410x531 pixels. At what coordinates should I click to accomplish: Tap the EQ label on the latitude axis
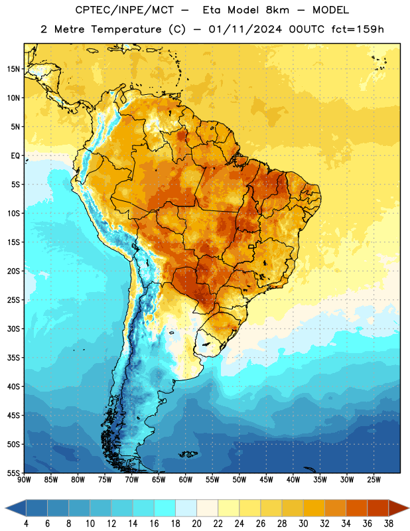click(x=15, y=156)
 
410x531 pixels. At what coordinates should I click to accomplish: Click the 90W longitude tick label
click(x=24, y=480)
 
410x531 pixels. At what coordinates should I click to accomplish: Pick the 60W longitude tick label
click(x=186, y=480)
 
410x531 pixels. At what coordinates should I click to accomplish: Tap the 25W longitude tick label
click(x=374, y=480)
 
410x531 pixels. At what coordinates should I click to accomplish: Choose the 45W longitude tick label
click(x=266, y=480)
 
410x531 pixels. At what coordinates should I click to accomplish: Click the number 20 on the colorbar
click(x=196, y=524)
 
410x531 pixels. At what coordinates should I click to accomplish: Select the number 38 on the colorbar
click(x=389, y=524)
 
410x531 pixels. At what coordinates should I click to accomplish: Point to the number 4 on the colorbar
click(x=26, y=524)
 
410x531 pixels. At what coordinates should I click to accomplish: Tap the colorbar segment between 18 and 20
click(x=186, y=508)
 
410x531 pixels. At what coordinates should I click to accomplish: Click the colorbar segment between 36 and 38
click(x=378, y=508)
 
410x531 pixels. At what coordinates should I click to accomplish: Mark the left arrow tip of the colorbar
click(x=5, y=508)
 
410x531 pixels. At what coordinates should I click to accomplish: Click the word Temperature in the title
click(x=126, y=29)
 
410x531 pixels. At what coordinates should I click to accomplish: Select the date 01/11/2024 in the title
click(x=245, y=29)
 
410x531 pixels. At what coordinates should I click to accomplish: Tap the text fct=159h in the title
click(x=358, y=29)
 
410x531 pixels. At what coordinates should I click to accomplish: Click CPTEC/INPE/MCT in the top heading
click(x=125, y=10)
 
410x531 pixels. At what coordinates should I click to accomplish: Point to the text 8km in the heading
click(x=277, y=10)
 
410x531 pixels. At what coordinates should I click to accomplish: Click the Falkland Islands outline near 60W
click(x=188, y=454)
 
